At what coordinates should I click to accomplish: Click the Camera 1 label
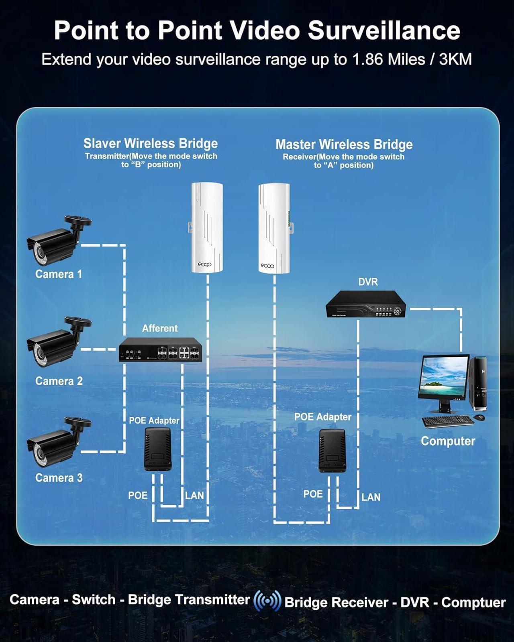point(59,274)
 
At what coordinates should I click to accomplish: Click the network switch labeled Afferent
point(160,350)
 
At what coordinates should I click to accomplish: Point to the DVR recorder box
point(365,305)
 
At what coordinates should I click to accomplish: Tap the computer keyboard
point(447,422)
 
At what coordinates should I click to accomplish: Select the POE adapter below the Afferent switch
point(157,449)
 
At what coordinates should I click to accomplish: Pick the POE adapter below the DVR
point(332,450)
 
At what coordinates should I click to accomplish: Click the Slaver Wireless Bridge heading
point(151,143)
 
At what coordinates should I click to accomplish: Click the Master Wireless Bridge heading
point(344,144)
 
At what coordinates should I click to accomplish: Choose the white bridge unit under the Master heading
point(274,228)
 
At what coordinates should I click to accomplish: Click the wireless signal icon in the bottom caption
point(267,601)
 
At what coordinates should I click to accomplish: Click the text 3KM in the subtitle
point(455,60)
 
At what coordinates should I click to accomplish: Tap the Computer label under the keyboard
point(448,441)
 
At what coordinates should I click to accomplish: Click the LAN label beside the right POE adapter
point(371,497)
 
